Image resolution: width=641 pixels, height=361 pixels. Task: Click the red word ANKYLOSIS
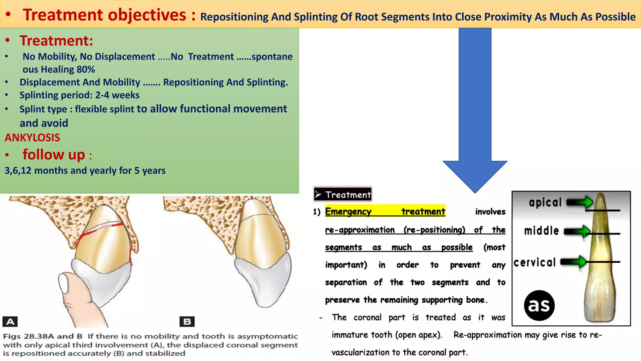pos(32,138)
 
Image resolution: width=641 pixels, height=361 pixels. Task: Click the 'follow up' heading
pos(54,155)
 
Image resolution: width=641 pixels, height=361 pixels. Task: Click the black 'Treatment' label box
pos(343,195)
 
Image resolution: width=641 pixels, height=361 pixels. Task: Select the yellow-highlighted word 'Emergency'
pos(348,212)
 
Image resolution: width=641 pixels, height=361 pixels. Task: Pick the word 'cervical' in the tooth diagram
pos(535,262)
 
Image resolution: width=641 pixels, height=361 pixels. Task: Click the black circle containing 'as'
pos(539,305)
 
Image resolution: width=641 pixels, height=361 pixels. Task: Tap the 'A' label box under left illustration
pos(10,322)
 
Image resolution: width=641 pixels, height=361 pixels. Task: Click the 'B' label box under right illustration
pos(187,322)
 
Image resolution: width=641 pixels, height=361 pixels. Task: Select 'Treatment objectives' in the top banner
pos(105,15)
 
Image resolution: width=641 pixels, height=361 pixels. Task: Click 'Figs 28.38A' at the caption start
pos(24,336)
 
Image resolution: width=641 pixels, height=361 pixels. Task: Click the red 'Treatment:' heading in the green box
pos(56,41)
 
